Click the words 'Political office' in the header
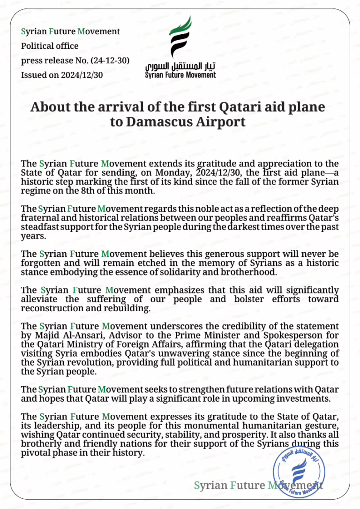(x=50, y=46)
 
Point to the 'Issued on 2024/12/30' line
(x=62, y=75)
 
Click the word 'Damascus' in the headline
(x=153, y=122)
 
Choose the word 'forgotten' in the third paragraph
(x=41, y=263)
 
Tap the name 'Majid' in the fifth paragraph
(x=44, y=335)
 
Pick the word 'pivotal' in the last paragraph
(x=35, y=453)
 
